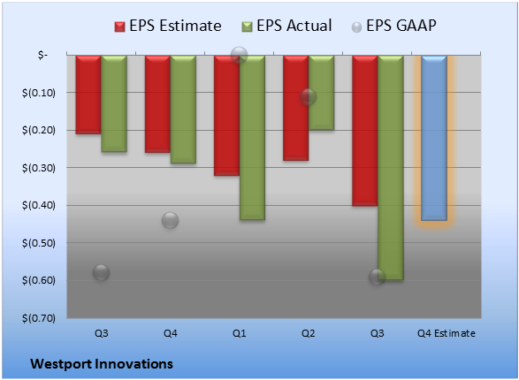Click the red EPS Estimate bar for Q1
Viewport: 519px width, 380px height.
click(x=226, y=116)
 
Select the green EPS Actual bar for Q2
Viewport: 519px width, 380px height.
click(x=321, y=93)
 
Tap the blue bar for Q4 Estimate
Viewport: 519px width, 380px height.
click(x=434, y=138)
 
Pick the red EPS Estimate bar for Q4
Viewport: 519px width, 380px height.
click(x=157, y=104)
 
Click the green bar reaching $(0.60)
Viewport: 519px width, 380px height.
click(x=391, y=168)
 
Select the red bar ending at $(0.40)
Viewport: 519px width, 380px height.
click(x=365, y=131)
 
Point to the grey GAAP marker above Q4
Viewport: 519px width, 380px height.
click(x=170, y=220)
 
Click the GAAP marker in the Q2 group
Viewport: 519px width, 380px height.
click(x=309, y=97)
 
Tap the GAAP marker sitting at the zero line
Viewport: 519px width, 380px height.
click(x=239, y=55)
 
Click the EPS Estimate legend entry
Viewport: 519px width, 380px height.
click(x=168, y=26)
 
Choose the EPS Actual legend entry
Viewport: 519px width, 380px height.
click(x=287, y=26)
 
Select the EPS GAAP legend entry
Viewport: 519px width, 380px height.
click(x=393, y=26)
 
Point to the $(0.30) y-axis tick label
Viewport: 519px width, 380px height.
click(x=39, y=168)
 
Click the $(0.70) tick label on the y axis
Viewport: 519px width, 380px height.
click(x=39, y=318)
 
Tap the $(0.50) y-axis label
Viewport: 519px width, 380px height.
click(x=39, y=243)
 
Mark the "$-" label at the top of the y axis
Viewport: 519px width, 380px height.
click(x=42, y=55)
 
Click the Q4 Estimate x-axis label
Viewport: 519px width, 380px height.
click(x=446, y=333)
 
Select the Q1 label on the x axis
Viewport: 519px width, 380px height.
click(x=239, y=333)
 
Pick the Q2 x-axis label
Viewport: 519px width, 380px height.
click(x=309, y=333)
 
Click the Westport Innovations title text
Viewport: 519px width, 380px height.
click(x=102, y=364)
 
